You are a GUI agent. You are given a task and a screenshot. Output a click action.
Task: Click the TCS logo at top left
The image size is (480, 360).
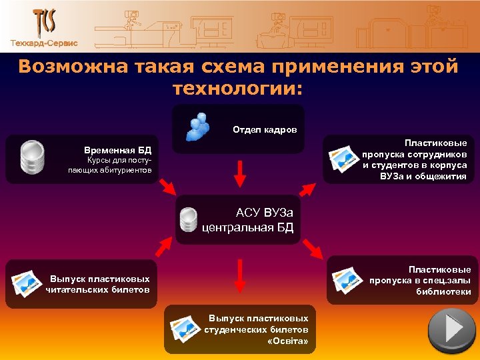pyautogui.click(x=44, y=22)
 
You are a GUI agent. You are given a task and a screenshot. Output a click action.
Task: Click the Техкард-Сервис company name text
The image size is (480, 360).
pyautogui.click(x=44, y=43)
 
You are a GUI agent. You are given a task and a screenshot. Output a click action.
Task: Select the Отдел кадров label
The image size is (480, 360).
pyautogui.click(x=265, y=129)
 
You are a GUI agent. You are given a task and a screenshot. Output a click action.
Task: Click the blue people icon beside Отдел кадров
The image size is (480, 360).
pyautogui.click(x=199, y=127)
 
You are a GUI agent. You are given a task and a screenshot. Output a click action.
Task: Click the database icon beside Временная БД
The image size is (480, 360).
pyautogui.click(x=31, y=158)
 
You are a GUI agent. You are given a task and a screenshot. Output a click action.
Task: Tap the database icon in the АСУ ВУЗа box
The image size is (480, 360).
pyautogui.click(x=189, y=221)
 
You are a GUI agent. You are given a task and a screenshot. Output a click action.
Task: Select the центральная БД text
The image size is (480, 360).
pyautogui.click(x=247, y=229)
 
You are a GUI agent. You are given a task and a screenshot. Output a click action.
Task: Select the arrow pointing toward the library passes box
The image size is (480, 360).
pyautogui.click(x=312, y=249)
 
